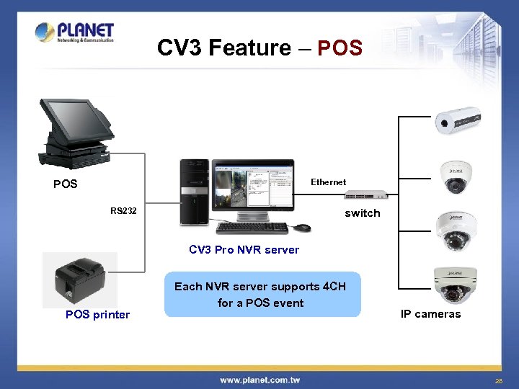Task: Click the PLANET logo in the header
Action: coord(74,32)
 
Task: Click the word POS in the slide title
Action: coord(340,48)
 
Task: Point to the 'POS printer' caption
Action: coord(97,315)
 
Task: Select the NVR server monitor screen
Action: coord(252,187)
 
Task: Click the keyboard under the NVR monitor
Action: coord(252,228)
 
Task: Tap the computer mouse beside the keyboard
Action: coord(302,228)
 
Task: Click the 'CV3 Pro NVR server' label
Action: coord(244,250)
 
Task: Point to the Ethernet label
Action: coord(328,182)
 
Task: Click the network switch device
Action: coord(366,195)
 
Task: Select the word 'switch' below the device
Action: coord(362,213)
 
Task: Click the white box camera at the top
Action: coord(457,120)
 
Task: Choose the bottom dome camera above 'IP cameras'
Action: coord(454,285)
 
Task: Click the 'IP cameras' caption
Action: coord(430,314)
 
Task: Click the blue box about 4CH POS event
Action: coord(262,295)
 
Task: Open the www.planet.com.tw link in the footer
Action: coord(259,380)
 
